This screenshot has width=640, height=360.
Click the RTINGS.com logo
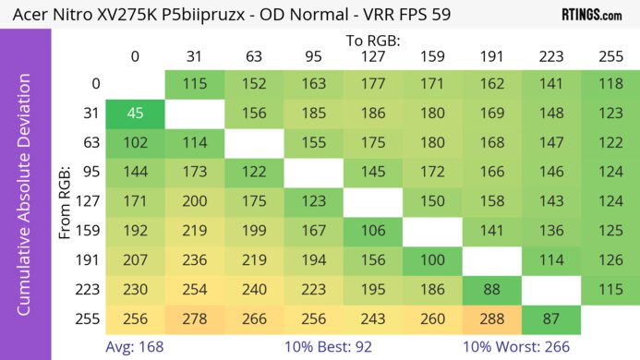click(x=592, y=15)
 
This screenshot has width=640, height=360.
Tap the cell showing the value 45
click(x=135, y=114)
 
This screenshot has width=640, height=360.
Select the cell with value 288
click(x=491, y=318)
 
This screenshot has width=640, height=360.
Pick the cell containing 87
click(x=550, y=318)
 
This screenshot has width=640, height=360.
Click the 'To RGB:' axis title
click(x=372, y=41)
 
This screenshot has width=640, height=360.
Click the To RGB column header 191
click(x=491, y=56)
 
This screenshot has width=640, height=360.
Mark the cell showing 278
click(x=194, y=318)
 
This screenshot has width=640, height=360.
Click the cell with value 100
click(x=431, y=259)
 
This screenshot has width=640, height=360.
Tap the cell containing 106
click(x=372, y=230)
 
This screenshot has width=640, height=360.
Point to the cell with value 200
click(x=194, y=201)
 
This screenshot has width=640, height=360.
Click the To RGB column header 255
click(x=610, y=56)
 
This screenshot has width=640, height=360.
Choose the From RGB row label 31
click(x=91, y=114)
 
